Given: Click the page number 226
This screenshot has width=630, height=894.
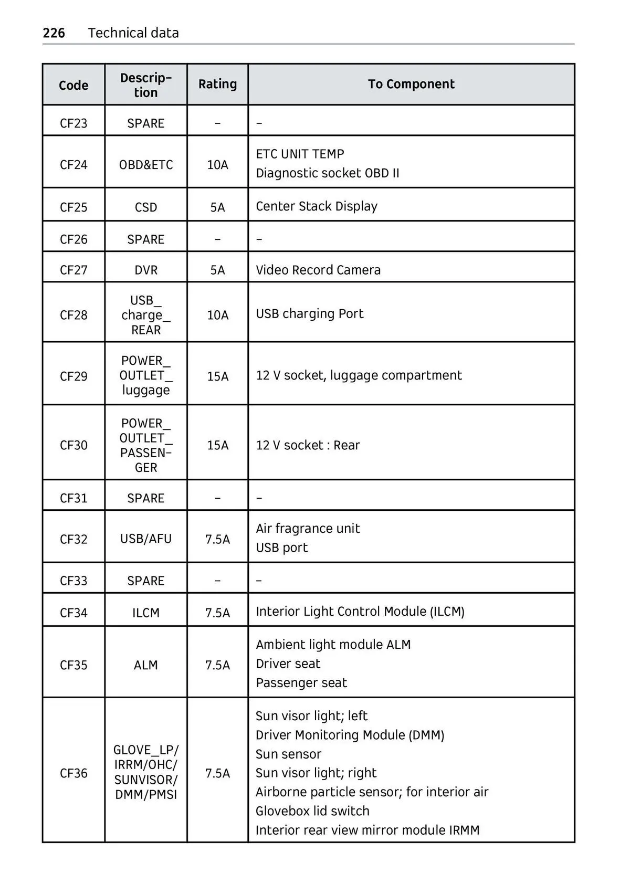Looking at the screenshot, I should [54, 33].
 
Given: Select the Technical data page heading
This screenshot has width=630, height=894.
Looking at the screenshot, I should [133, 33].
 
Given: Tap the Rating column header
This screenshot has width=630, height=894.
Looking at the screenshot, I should [217, 84].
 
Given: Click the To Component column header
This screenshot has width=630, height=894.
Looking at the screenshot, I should [411, 84].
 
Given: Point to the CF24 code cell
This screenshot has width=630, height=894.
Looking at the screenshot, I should [73, 165].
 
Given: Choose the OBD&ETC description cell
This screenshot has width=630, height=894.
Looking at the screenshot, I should [146, 165].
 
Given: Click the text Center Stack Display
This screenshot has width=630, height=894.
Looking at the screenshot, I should [317, 206].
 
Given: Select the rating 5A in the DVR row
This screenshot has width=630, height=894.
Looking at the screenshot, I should [217, 270].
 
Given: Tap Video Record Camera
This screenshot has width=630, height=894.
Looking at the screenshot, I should [318, 270].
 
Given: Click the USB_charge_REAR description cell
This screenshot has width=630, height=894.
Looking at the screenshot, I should [146, 315].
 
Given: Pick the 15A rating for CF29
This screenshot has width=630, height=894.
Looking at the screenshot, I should [217, 376].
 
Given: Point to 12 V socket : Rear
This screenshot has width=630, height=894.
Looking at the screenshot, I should [308, 445].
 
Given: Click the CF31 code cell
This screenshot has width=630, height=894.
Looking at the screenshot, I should [73, 498].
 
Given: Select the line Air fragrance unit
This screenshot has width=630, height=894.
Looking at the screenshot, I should [308, 529].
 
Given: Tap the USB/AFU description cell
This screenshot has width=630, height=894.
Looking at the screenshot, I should [146, 539].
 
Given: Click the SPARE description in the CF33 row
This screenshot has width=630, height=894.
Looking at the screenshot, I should [146, 581].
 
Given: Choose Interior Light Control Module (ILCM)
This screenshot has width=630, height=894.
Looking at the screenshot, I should [360, 612].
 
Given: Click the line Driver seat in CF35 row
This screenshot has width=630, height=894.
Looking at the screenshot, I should [288, 664].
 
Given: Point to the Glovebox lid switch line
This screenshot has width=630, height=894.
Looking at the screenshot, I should [312, 811].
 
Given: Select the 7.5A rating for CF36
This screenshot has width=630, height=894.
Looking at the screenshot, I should [217, 773].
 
